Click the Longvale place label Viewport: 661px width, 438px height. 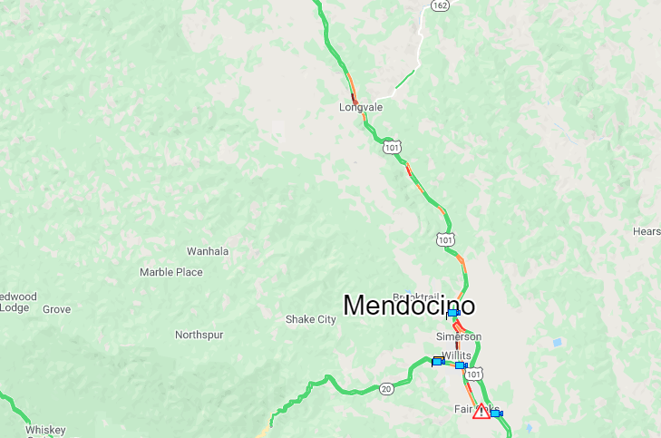(361, 107)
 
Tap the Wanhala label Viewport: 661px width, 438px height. (208, 251)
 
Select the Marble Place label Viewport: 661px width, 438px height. (171, 272)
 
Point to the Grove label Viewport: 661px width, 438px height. (56, 309)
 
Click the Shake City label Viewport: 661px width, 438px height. (310, 319)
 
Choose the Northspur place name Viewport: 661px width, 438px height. (199, 335)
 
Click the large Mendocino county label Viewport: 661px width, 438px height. (409, 305)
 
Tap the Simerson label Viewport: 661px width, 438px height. (459, 336)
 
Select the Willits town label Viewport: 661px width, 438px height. (456, 355)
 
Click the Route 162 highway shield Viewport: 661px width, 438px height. (440, 5)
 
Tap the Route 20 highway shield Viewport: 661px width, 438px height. (386, 389)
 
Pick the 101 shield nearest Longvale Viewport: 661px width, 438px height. (391, 147)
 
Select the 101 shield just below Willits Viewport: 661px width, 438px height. (474, 374)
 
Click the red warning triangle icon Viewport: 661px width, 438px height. (481, 412)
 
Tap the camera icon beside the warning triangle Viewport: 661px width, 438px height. (496, 413)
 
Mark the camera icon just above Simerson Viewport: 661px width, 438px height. (452, 313)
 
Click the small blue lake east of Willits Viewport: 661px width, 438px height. (557, 343)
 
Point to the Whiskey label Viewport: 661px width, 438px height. (45, 429)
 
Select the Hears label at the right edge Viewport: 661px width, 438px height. (646, 231)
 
